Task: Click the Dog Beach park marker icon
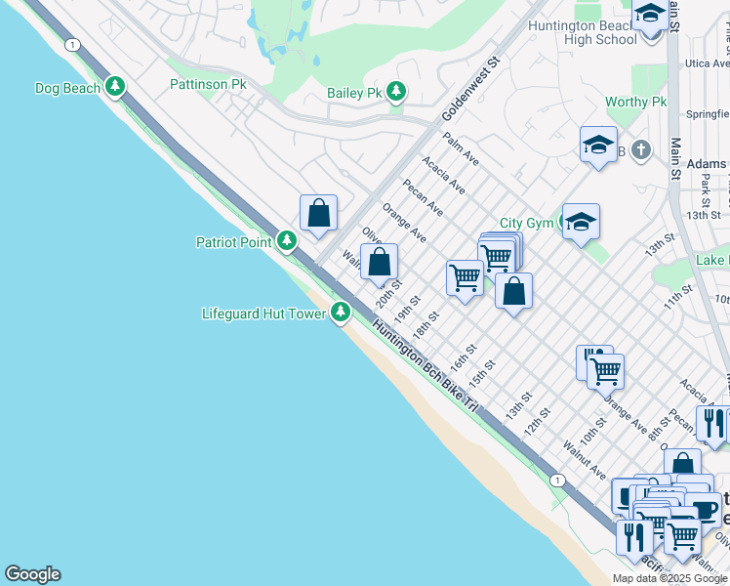tap(115, 87)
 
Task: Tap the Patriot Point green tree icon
tap(287, 240)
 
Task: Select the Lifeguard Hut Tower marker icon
tap(341, 313)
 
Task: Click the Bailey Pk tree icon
tap(395, 93)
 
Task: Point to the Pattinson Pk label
tap(207, 85)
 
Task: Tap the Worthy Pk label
tap(635, 102)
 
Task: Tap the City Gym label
tap(527, 224)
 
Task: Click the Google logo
tap(32, 574)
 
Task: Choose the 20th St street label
tap(390, 292)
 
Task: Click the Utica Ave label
tap(707, 63)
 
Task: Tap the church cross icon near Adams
tap(639, 150)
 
